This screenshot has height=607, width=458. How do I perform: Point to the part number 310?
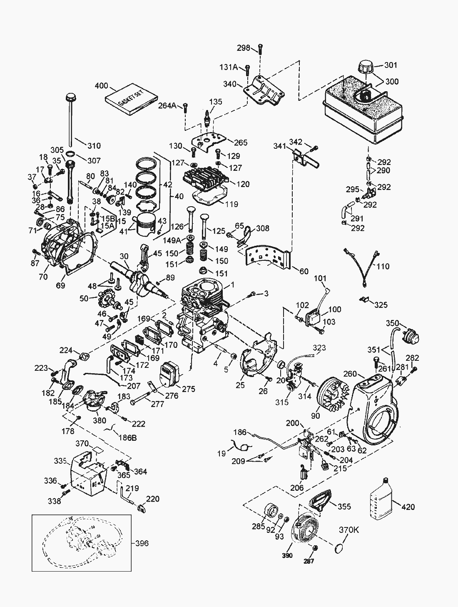pyautogui.click(x=94, y=146)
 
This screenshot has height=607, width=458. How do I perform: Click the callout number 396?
pyautogui.click(x=142, y=543)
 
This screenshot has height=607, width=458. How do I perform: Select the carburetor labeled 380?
pyautogui.click(x=94, y=402)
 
